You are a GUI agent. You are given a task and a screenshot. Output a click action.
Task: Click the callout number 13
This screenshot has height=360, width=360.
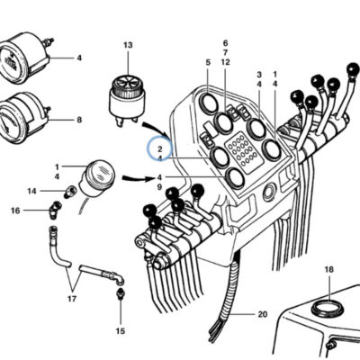tap(128, 45)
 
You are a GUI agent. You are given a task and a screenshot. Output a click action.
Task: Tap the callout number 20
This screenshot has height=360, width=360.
tap(262, 314)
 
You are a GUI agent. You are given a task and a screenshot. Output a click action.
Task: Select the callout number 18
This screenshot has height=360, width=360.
tap(329, 270)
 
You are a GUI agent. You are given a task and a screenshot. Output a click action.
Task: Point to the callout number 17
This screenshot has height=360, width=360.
tap(72, 299)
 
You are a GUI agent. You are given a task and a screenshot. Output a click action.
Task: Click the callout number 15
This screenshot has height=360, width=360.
tap(121, 331)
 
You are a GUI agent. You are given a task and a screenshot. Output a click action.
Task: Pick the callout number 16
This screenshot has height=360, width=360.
tap(15, 211)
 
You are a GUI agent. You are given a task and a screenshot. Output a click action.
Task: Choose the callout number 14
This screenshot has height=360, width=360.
tap(31, 191)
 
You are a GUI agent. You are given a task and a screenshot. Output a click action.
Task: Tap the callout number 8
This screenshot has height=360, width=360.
tap(79, 120)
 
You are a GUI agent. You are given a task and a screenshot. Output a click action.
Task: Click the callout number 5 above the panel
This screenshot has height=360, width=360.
tap(208, 62)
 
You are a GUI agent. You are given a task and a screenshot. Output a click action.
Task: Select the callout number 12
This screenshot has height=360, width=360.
tap(225, 62)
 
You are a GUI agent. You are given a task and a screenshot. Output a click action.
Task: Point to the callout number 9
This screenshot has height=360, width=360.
tap(159, 187)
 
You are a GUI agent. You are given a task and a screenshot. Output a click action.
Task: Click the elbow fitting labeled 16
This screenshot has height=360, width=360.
tap(54, 211)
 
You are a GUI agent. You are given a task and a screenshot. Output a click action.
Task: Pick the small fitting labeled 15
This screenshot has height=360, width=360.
tap(120, 293)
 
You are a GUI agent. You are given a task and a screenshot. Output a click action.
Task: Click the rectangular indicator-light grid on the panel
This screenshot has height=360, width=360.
tap(242, 152)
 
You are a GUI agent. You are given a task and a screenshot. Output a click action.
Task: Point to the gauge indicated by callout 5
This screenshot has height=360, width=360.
tap(209, 103)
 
